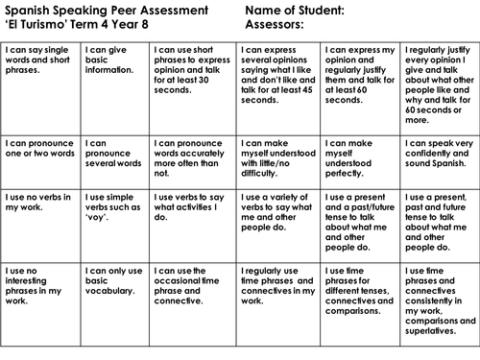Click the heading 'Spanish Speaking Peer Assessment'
[102, 11]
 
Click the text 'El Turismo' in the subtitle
[40, 25]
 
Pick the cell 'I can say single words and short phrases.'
[39, 57]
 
